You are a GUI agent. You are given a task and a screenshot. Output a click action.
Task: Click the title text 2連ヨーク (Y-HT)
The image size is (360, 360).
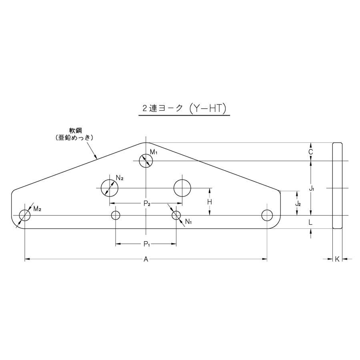[184, 108]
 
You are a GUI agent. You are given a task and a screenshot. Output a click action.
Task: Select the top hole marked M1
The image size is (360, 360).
[146, 161]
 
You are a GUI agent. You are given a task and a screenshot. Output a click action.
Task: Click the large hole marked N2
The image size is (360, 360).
[109, 188]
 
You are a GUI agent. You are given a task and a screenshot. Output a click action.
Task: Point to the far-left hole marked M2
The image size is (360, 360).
[25, 215]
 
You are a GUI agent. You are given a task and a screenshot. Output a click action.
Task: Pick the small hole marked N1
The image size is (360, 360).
[176, 215]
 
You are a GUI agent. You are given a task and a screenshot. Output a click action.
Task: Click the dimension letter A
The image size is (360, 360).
[146, 260]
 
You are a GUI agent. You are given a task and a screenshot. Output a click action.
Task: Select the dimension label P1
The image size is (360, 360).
[146, 244]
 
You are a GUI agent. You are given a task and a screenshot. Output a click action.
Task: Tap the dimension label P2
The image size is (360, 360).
[147, 204]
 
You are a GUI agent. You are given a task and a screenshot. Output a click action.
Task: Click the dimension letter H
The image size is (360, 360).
[209, 202]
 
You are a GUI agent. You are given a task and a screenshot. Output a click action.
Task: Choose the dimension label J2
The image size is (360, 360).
[298, 204]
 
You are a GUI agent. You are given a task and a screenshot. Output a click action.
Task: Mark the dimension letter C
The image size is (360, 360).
[311, 152]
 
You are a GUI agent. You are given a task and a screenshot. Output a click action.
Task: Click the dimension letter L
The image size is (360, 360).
[311, 222]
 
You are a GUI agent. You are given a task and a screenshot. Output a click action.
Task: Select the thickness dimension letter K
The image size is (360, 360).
[337, 260]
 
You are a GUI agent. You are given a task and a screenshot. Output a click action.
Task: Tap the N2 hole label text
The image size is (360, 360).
[120, 178]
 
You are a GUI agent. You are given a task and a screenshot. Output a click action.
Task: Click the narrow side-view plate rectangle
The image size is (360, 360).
[337, 186]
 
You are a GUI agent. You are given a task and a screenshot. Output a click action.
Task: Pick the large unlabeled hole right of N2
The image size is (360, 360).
[182, 188]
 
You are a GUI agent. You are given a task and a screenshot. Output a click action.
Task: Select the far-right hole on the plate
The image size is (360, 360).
[267, 215]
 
